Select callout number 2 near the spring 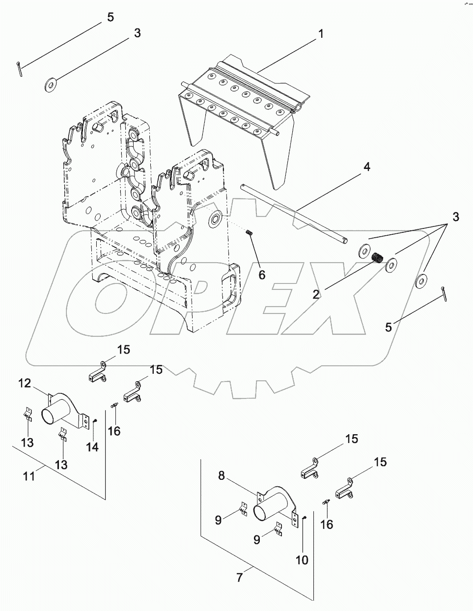pyautogui.click(x=317, y=294)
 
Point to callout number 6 pyautogui.click(x=262, y=275)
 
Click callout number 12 pyautogui.click(x=25, y=383)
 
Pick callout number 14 pyautogui.click(x=92, y=447)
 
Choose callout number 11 pyautogui.click(x=29, y=475)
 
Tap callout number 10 pyautogui.click(x=302, y=559)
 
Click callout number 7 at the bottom pyautogui.click(x=239, y=578)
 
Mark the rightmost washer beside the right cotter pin pyautogui.click(x=420, y=281)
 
